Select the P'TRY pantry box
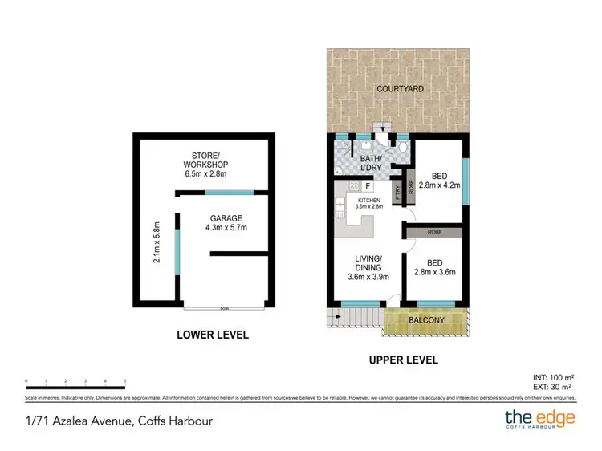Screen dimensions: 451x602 tap(397, 192)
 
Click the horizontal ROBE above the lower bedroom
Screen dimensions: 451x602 tap(433, 232)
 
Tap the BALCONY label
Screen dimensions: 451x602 tap(427, 320)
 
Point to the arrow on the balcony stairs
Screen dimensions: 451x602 tap(340, 315)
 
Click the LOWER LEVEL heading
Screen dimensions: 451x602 tap(213, 335)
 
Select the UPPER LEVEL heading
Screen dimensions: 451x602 tap(403, 360)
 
